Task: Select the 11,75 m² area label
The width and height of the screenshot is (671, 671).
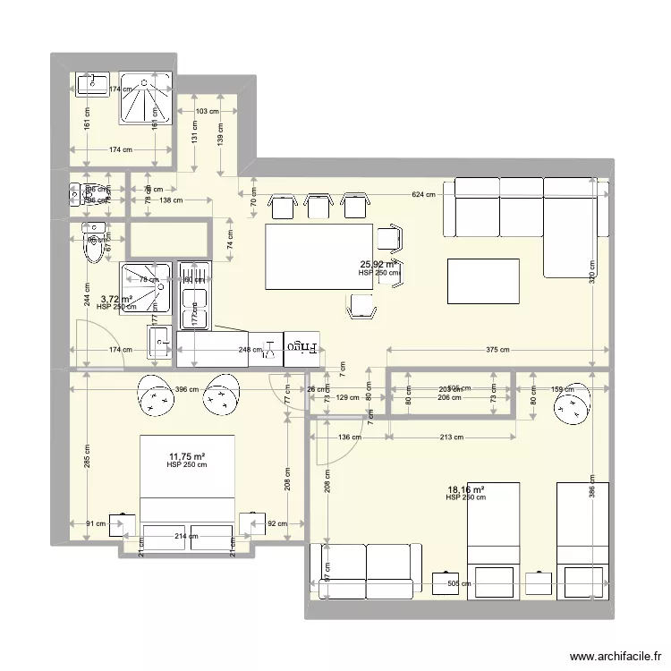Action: [186, 456]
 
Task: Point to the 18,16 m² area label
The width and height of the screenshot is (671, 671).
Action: [465, 489]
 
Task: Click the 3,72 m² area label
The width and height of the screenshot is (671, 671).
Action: [116, 300]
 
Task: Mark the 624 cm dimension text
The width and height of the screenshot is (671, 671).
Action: [423, 194]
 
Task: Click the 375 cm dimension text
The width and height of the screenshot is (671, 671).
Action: [498, 350]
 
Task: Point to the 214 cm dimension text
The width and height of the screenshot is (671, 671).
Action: [187, 536]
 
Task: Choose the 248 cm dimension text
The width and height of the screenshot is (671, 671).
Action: [236, 350]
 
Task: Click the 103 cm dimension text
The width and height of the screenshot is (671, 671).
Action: [207, 111]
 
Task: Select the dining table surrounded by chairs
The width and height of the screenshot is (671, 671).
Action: [319, 257]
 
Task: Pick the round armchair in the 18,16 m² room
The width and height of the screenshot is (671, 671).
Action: [570, 410]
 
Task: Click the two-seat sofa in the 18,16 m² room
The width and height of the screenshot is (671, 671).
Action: [365, 571]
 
